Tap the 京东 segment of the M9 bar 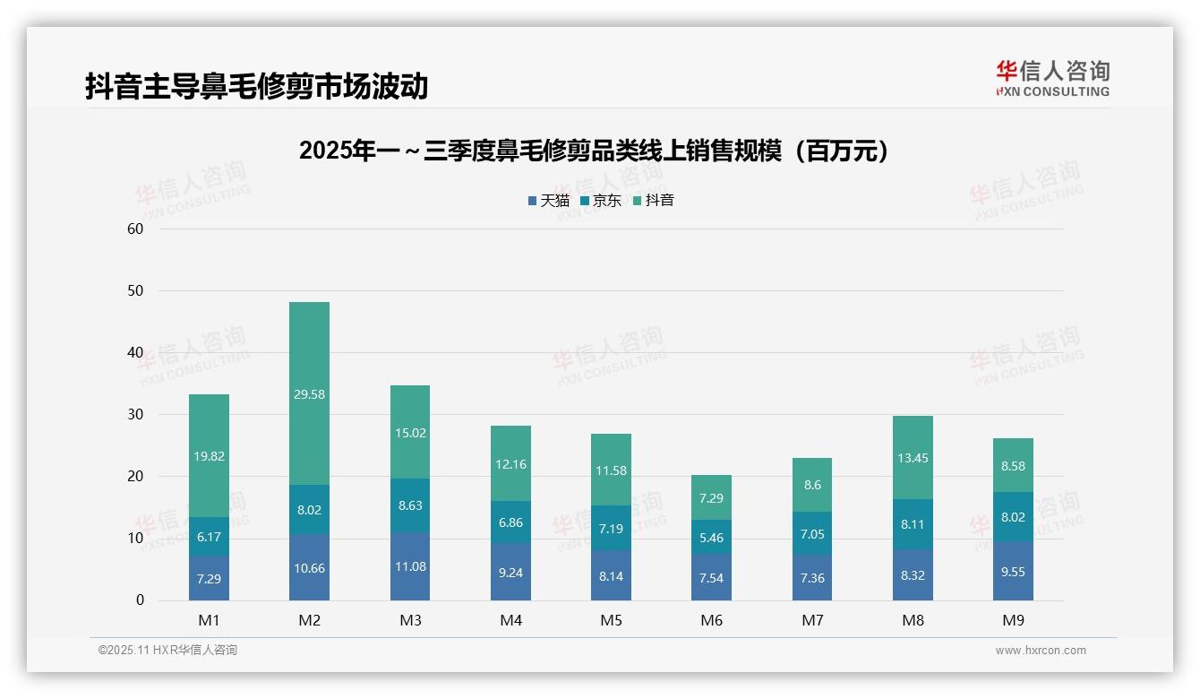pyautogui.click(x=1013, y=517)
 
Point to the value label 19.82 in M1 pyautogui.click(x=209, y=456)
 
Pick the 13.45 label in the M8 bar pyautogui.click(x=913, y=458)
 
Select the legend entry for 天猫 pyautogui.click(x=548, y=201)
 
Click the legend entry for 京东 pyautogui.click(x=600, y=201)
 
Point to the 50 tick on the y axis pyautogui.click(x=135, y=291)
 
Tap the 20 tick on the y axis pyautogui.click(x=135, y=477)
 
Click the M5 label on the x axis pyautogui.click(x=611, y=620)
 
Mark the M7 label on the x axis pyautogui.click(x=812, y=620)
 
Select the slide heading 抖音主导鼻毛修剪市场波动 pyautogui.click(x=256, y=86)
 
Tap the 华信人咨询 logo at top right pyautogui.click(x=1052, y=78)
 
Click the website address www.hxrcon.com pyautogui.click(x=1041, y=651)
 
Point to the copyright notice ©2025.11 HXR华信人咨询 pyautogui.click(x=167, y=651)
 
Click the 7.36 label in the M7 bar pyautogui.click(x=812, y=578)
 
